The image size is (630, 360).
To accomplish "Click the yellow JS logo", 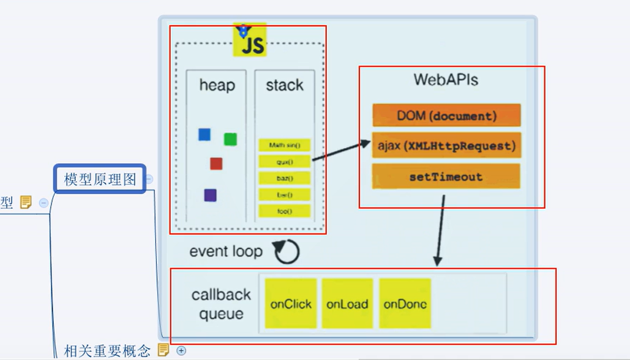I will (250, 40).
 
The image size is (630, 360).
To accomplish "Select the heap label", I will (217, 85).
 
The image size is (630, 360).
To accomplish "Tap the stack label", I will (284, 85).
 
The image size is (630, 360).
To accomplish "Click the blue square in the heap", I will (204, 134).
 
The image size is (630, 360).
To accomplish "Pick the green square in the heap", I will (230, 139).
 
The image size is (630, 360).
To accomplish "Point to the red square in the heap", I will (216, 163).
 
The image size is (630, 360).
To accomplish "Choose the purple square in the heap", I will (210, 195).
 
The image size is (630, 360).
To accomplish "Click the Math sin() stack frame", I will (285, 145).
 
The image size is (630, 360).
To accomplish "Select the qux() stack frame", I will (285, 162).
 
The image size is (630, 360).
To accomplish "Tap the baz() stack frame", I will (285, 178).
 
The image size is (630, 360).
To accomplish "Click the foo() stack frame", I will (285, 211).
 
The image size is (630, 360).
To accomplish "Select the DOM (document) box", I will (446, 115).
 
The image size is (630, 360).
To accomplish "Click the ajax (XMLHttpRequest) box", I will (446, 146).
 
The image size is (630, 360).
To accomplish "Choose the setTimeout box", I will (446, 176).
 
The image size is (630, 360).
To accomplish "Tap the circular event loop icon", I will (286, 251).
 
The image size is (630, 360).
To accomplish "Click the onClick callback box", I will (291, 304).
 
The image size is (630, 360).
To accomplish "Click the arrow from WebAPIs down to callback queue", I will (440, 230).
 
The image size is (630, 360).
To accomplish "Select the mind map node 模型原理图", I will (99, 179).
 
